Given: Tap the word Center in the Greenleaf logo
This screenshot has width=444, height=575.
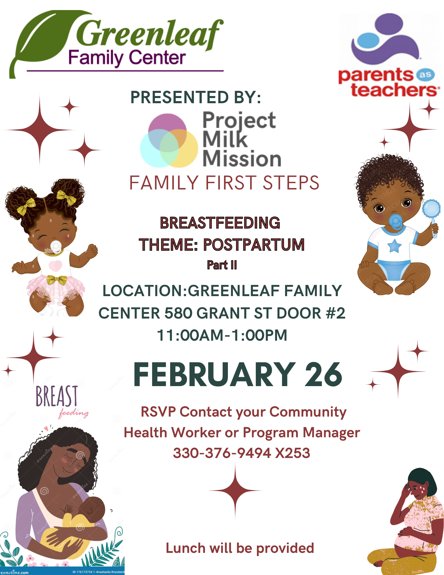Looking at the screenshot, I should point(157,58).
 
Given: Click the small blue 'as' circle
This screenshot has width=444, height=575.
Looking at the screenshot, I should point(425,75).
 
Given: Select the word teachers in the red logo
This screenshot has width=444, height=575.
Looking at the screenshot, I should point(394,90).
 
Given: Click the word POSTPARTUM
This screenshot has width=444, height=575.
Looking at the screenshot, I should point(254,245).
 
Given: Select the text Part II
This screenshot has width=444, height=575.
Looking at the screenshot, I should point(222,265).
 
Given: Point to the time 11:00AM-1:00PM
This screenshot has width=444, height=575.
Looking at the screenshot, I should point(222,335).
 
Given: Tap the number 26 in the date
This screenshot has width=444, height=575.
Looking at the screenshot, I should point(323,374).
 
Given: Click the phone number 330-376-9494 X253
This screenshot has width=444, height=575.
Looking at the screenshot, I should point(241,453).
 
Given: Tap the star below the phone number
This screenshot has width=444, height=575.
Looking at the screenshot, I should point(235,490).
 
